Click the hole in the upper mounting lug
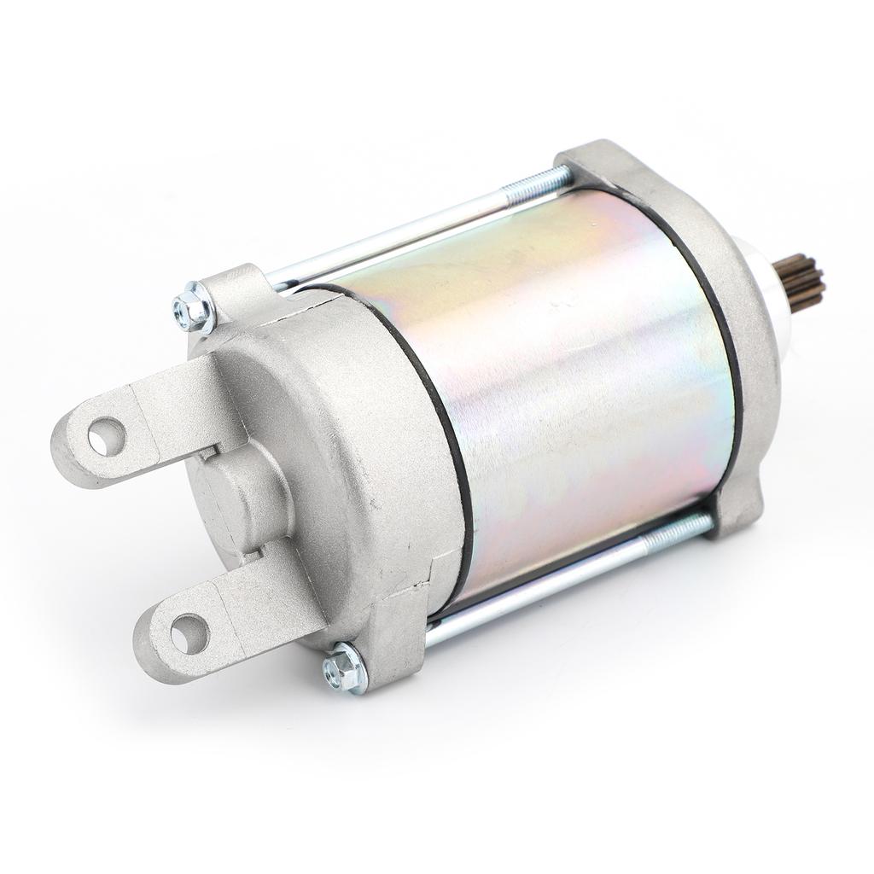tap(107, 436)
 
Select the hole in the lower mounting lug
tap(189, 633)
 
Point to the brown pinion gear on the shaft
tap(802, 283)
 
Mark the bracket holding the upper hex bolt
tap(235, 290)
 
